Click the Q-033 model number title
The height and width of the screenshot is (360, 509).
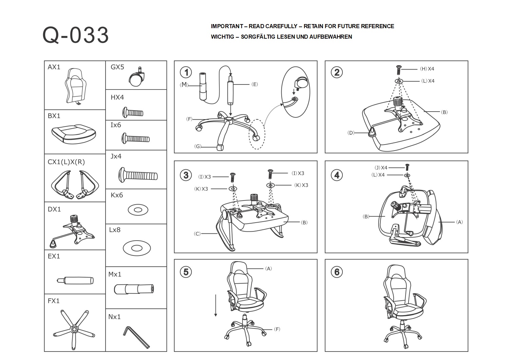pyautogui.click(x=75, y=35)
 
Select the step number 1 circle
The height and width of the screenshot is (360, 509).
pyautogui.click(x=186, y=72)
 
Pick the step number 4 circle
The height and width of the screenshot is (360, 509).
pyautogui.click(x=337, y=175)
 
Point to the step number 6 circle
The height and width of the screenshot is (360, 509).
pyautogui.click(x=337, y=272)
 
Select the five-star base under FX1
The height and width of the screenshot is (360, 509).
pyautogui.click(x=74, y=328)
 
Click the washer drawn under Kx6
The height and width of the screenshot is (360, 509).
pyautogui.click(x=138, y=210)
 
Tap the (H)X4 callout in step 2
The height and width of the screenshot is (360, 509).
pyautogui.click(x=427, y=69)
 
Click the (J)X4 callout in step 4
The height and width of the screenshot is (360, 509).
pyautogui.click(x=381, y=168)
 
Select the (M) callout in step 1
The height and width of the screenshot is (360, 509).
pyautogui.click(x=184, y=85)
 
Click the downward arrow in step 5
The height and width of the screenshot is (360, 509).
pyautogui.click(x=215, y=305)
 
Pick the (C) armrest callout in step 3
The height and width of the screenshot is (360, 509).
pyautogui.click(x=197, y=233)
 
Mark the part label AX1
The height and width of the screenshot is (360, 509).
pyautogui.click(x=54, y=67)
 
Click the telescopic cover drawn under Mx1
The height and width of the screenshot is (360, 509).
pyautogui.click(x=134, y=289)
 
